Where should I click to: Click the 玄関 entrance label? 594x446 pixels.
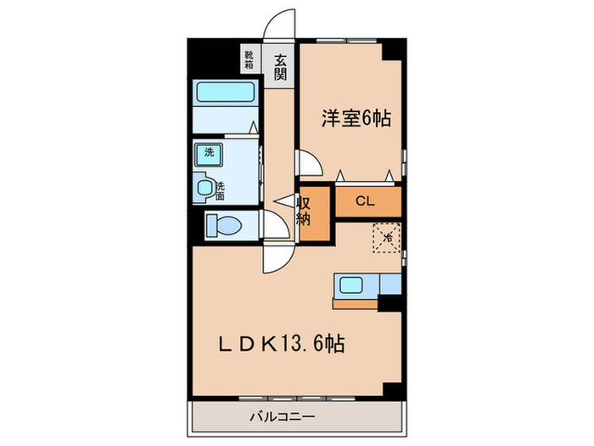pos(279,67)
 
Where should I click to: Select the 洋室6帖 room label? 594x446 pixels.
pos(356,119)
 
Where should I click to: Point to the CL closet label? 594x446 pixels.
pos(365,201)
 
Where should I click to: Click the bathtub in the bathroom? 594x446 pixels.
pos(226,92)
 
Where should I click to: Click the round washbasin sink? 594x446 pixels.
pos(205,188)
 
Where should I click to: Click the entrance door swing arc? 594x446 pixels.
pos(280,23)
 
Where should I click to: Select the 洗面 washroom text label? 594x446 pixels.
pos(220,190)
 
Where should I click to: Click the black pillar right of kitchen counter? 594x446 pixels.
pos(389,302)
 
